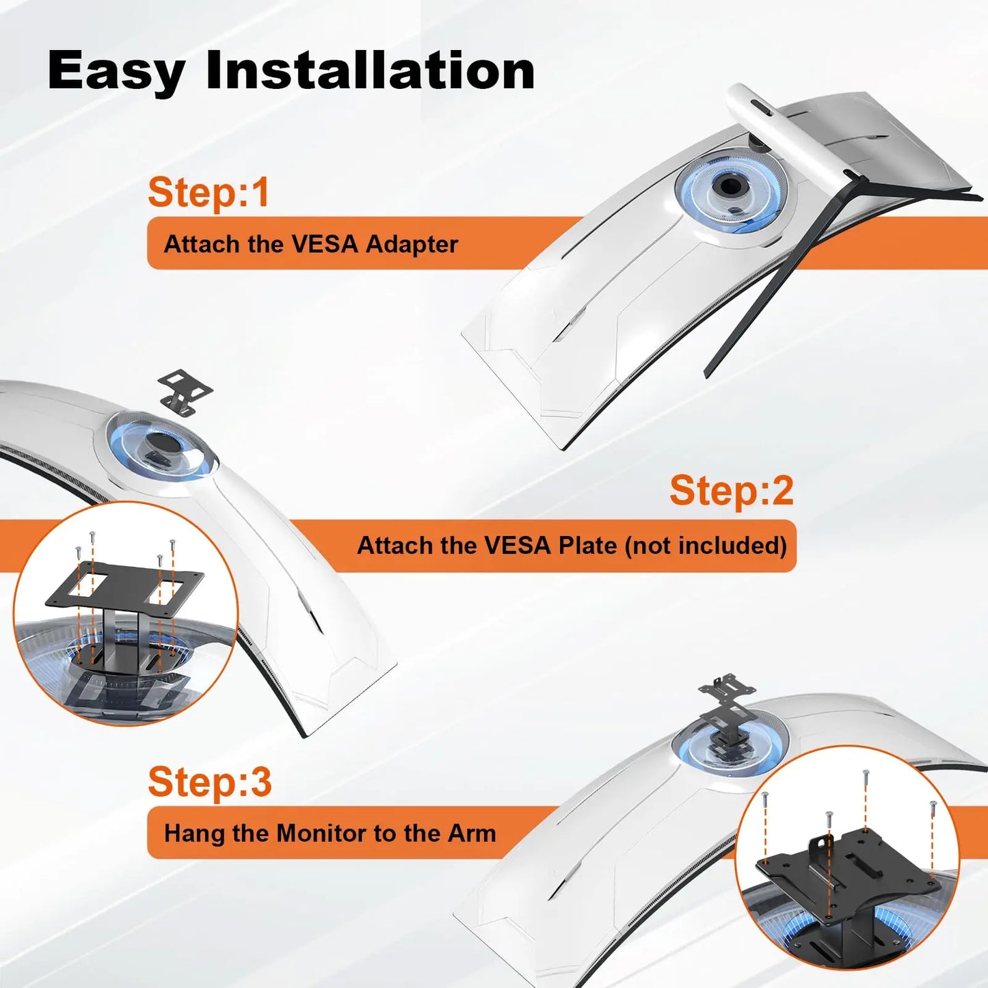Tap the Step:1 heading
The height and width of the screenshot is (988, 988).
tap(209, 193)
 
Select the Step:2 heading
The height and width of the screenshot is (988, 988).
tap(732, 491)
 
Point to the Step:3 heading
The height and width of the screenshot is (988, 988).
tap(210, 782)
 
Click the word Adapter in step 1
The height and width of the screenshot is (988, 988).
tap(412, 244)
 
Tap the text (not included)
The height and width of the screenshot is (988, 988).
tap(706, 546)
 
